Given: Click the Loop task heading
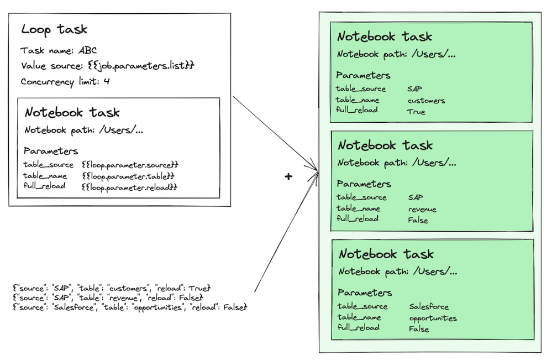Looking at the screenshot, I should [x=54, y=29].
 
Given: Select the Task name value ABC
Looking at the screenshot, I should [x=87, y=51].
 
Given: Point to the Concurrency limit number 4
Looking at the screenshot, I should [x=108, y=82].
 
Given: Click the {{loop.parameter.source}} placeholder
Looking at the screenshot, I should [x=130, y=165].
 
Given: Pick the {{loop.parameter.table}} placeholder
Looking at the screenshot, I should [x=128, y=176].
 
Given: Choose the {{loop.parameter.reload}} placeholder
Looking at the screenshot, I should [x=129, y=187].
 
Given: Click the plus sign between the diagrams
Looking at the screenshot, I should [x=288, y=176].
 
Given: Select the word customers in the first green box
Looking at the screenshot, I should [x=426, y=101].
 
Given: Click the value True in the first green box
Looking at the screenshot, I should [x=416, y=112].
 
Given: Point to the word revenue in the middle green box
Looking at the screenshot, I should [x=422, y=209].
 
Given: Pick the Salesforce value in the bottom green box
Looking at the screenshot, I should [x=429, y=306].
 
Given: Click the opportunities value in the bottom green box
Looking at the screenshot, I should [x=433, y=318].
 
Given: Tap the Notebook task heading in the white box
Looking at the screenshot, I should [x=72, y=113].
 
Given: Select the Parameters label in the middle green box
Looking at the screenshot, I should [x=364, y=184].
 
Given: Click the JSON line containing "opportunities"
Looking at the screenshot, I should [x=130, y=306].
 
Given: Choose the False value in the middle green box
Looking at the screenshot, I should [x=418, y=220].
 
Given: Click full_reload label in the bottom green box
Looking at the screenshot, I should [x=359, y=327].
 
